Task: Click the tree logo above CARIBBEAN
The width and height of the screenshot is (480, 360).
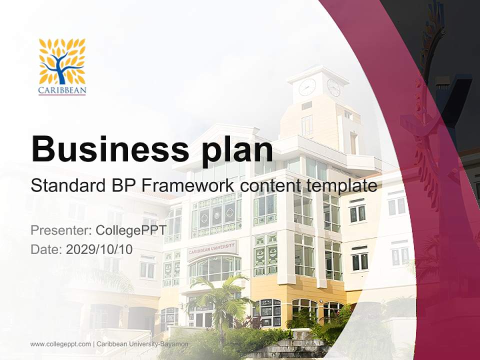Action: (62, 61)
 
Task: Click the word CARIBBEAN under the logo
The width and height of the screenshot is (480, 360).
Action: (62, 91)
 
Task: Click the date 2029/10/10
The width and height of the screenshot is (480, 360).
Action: (99, 249)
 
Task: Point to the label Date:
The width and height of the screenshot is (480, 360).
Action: (46, 249)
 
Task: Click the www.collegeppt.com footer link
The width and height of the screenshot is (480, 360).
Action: (60, 344)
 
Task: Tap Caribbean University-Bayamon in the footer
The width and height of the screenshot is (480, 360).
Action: (142, 344)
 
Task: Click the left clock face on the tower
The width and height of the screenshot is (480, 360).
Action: (307, 87)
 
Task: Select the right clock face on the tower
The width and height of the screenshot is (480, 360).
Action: (333, 88)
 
